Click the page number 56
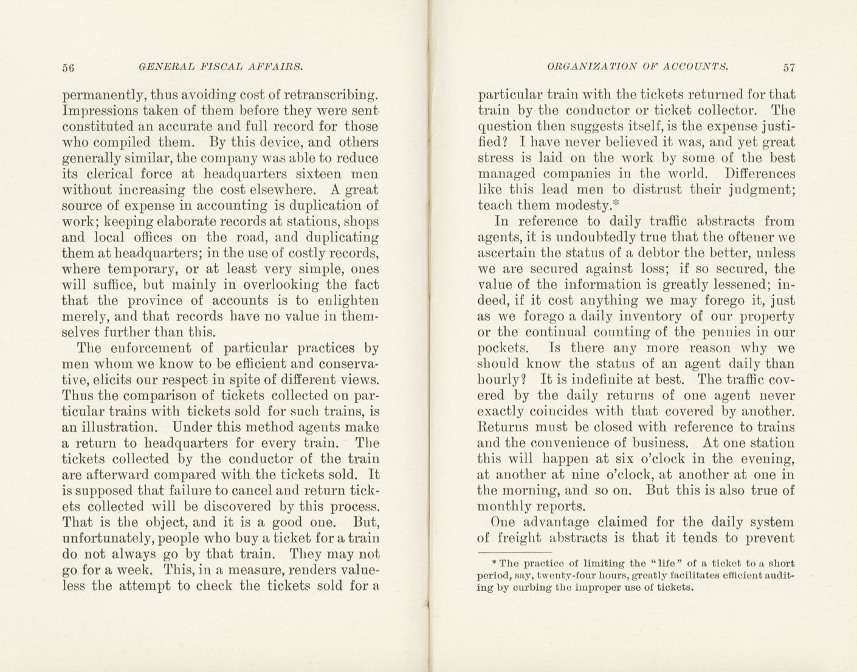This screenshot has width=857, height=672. [x=68, y=68]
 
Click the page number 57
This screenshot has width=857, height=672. [x=789, y=68]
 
